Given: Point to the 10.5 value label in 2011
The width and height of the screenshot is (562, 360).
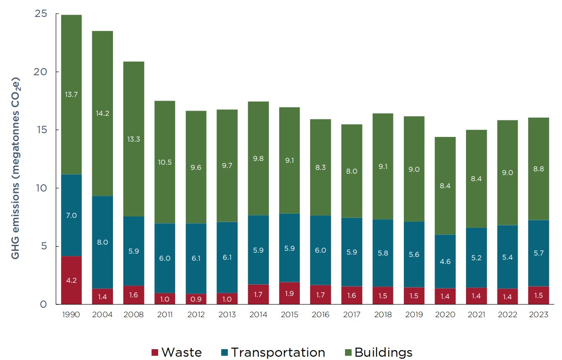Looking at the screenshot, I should coord(165,162).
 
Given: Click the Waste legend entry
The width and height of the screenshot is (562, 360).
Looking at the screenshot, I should coord(176,352).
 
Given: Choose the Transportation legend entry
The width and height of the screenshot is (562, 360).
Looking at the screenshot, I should coord(273,352).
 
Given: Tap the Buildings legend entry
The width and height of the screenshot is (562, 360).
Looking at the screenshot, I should coord(378,352).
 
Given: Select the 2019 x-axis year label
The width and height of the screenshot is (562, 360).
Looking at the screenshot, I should coord(414,315).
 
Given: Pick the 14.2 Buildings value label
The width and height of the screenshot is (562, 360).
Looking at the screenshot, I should coord(102,112).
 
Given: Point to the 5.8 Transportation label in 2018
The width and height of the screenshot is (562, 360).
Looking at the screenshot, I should coord(383,253).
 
